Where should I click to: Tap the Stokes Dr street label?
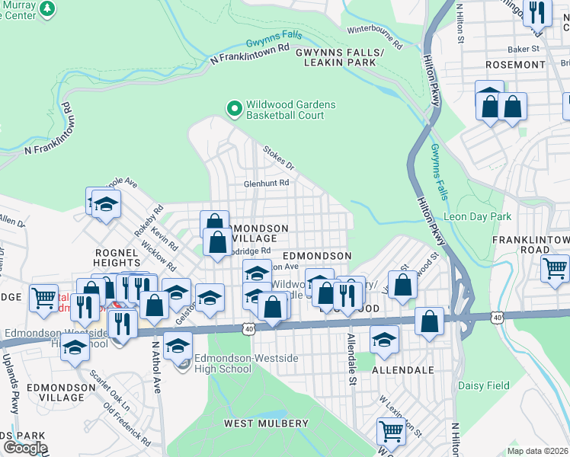[278, 158]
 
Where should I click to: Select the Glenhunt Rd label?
[266, 184]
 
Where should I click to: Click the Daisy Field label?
[484, 385]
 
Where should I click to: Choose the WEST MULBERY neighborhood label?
[266, 423]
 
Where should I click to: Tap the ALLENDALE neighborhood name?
[402, 370]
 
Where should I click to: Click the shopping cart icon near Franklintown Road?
[555, 267]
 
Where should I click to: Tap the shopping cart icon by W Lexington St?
[391, 430]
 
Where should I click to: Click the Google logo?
[24, 448]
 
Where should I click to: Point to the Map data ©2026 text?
[537, 451]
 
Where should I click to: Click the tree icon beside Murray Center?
[48, 8]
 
